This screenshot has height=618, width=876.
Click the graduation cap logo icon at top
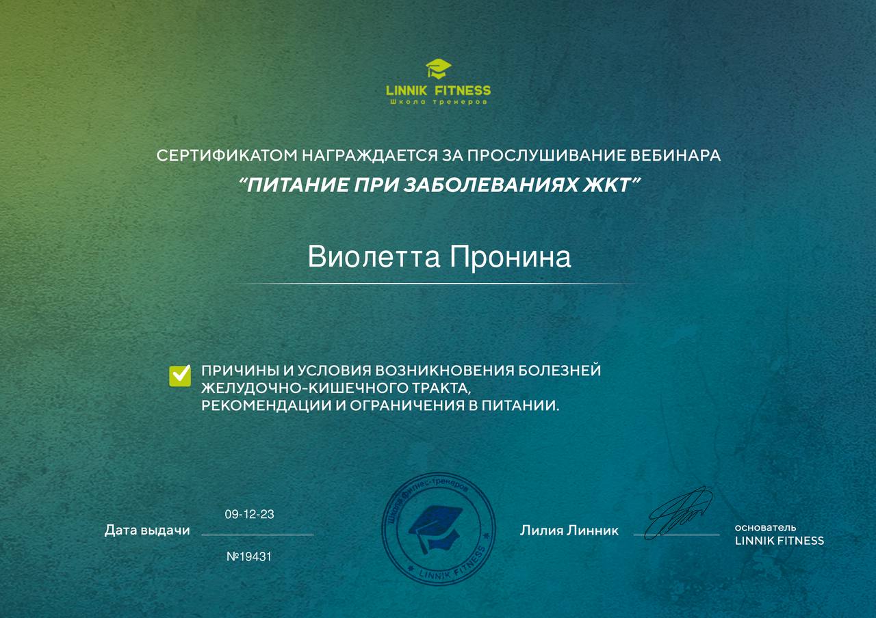438,69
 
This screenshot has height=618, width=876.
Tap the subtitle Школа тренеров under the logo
438,102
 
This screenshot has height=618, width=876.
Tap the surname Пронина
510,258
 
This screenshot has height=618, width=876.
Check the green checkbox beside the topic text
180,375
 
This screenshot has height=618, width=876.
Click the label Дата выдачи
147,530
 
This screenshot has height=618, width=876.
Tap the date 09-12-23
249,514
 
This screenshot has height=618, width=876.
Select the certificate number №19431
249,556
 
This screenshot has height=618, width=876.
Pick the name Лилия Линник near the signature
569,530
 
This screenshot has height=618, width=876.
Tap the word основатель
765,528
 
